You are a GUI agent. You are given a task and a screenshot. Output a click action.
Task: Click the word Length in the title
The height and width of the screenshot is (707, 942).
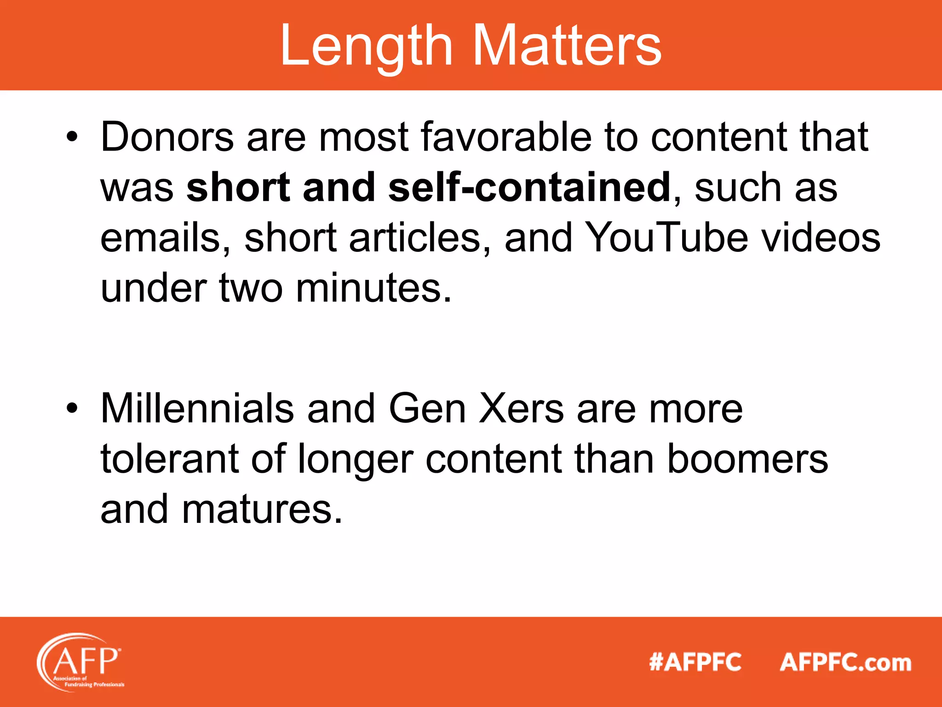pos(366,46)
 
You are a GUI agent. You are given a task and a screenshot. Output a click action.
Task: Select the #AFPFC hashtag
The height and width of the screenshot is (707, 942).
pos(695,662)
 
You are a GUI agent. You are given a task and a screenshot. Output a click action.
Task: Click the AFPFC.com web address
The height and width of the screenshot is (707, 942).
pos(845,662)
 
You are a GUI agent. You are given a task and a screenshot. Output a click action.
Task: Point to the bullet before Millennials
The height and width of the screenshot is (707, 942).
pos(72,408)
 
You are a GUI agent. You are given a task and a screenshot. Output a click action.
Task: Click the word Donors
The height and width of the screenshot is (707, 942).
pos(167,137)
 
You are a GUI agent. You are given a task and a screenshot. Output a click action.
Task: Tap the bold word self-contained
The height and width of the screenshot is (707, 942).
pos(529,187)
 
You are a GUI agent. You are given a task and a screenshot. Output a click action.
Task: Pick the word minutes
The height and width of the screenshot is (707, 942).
pos(373,288)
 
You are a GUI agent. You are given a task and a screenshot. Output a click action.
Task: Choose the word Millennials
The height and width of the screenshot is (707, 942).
pos(197,408)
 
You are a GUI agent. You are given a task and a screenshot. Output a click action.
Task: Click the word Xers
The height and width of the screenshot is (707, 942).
pos(521,408)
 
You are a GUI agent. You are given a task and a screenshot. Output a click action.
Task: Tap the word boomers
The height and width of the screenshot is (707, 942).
pos(747,459)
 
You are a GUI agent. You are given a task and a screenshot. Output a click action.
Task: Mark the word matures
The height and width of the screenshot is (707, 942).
pos(262,510)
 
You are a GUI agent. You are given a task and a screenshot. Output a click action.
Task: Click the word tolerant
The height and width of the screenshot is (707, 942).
pos(169,459)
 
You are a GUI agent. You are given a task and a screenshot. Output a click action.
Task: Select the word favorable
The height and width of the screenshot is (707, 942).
pos(506,137)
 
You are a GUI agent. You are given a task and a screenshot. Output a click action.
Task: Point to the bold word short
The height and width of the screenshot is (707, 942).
pos(238,187)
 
